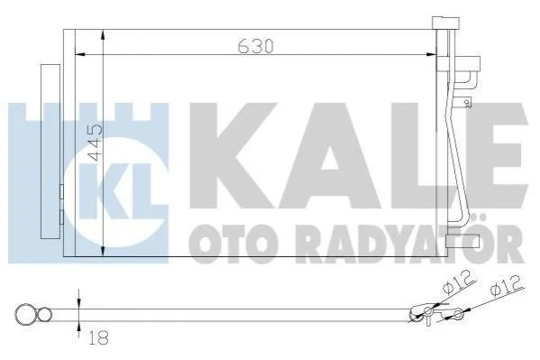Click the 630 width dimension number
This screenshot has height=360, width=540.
tap(256, 46)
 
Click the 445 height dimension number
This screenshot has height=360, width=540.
tap(95, 143)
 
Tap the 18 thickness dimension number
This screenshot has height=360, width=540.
tap(98, 337)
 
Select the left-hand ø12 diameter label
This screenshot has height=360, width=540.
tap(458, 282)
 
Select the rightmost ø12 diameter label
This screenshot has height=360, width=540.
tap(507, 286)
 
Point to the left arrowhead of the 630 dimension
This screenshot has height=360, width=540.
tap(80, 54)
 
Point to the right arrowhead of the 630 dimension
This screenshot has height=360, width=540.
tap(432, 54)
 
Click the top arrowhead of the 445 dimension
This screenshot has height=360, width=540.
tap(104, 35)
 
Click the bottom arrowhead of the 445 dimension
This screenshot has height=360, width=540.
tap(104, 251)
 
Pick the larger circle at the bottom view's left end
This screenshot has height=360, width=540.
tap(24, 314)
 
